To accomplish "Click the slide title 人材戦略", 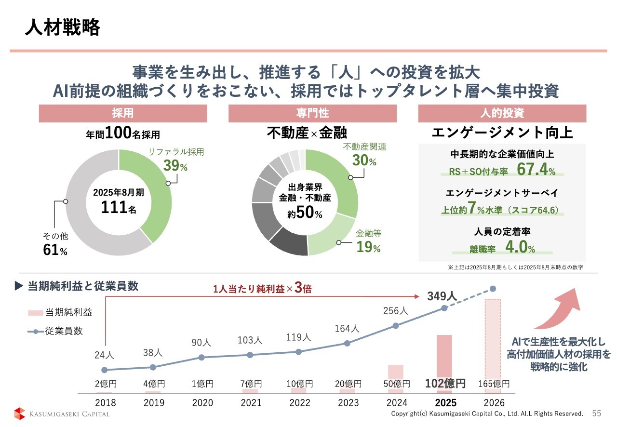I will [63, 27].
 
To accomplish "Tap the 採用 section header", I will [122, 114].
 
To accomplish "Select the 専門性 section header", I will [312, 114].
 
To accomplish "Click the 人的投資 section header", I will [502, 114].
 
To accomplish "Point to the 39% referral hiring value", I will [174, 166].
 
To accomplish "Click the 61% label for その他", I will [55, 250].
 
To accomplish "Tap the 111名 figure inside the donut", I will [118, 207].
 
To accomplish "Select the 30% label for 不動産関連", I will [364, 161].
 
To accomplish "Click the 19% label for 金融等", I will [368, 248].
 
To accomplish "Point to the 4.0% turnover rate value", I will [520, 248].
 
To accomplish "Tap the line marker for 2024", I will [396, 325].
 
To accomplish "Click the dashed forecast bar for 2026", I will [493, 342].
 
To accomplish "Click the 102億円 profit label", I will [445, 384].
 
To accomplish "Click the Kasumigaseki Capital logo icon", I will [19, 414].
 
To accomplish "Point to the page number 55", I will [597, 414].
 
